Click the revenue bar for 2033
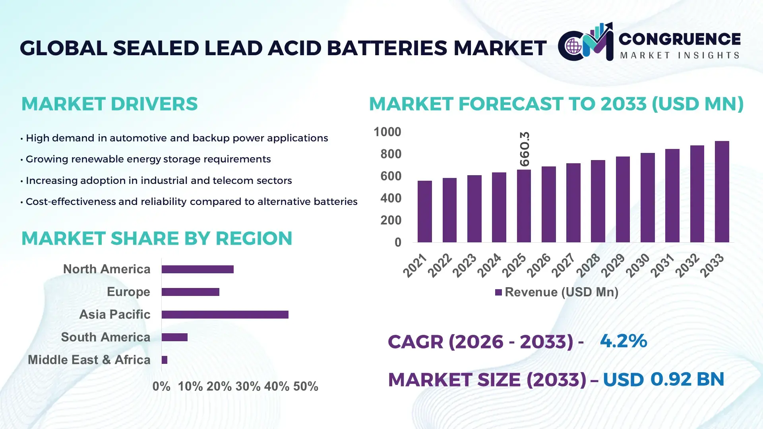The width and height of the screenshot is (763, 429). pyautogui.click(x=722, y=192)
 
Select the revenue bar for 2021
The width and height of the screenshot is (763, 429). pyautogui.click(x=424, y=212)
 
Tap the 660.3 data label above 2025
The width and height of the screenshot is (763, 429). pyautogui.click(x=525, y=149)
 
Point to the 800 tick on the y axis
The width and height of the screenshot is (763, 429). pyautogui.click(x=391, y=154)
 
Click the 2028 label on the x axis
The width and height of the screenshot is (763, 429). pyautogui.click(x=588, y=265)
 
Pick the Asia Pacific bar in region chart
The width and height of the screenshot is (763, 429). pyautogui.click(x=225, y=315)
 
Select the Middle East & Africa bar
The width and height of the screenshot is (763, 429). pyautogui.click(x=165, y=360)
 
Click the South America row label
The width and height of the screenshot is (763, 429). pyautogui.click(x=106, y=337)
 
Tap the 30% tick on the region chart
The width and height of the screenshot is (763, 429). pyautogui.click(x=248, y=386)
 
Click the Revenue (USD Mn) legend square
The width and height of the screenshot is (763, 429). pyautogui.click(x=498, y=292)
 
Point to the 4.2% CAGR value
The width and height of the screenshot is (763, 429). pyautogui.click(x=623, y=341)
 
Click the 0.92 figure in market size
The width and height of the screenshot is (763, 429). pyautogui.click(x=671, y=379)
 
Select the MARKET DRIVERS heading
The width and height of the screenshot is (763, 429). pyautogui.click(x=109, y=104)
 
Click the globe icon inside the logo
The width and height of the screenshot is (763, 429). pyautogui.click(x=573, y=46)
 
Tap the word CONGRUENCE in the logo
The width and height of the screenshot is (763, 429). pyautogui.click(x=680, y=39)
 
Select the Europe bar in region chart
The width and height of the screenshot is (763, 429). pyautogui.click(x=190, y=292)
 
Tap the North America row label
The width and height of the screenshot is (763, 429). pyautogui.click(x=107, y=269)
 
